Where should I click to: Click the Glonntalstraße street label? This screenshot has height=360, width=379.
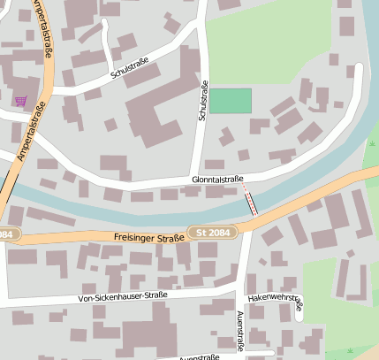tap(217, 180)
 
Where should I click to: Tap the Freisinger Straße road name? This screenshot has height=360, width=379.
tap(148, 237)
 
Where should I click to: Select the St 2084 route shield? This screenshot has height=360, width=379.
tap(212, 233)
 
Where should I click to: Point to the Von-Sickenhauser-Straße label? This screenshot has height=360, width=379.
tap(122, 296)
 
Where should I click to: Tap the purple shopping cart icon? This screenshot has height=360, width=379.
tap(20, 101)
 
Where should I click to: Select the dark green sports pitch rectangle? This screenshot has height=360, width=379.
tap(230, 101)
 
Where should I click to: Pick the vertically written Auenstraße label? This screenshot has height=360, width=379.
tap(240, 332)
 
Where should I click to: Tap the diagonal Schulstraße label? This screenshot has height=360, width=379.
tap(130, 70)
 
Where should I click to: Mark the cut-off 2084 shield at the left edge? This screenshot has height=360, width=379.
tap(6, 234)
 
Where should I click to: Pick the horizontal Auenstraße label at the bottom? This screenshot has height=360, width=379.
tap(199, 357)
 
